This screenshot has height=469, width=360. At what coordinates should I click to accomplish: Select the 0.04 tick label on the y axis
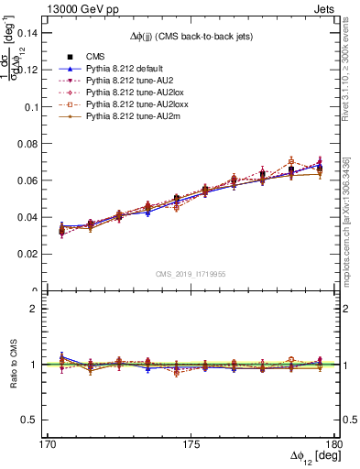[36, 217]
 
